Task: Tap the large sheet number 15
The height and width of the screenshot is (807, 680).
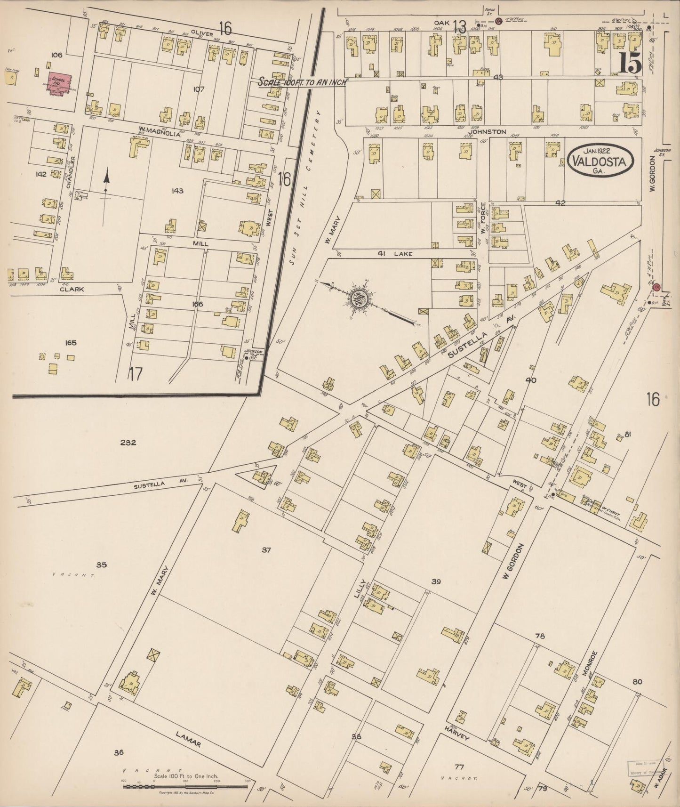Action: click(629, 64)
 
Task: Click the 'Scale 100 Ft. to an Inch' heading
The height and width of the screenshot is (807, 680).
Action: click(302, 81)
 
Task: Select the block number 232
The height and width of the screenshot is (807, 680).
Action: click(128, 443)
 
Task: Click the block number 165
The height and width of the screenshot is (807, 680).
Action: click(71, 343)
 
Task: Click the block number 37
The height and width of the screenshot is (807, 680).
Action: click(267, 549)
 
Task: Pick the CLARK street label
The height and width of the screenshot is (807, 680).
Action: click(72, 290)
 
